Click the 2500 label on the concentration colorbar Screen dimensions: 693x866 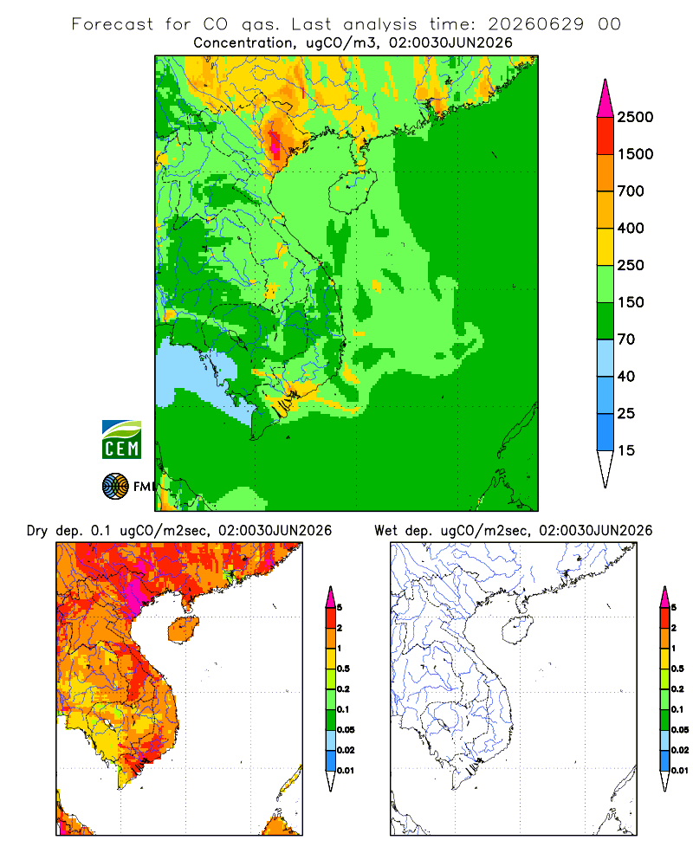(x=635, y=117)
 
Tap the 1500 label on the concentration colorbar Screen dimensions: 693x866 (x=635, y=154)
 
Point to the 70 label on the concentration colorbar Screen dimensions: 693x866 (x=625, y=339)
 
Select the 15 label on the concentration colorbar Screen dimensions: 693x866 (x=625, y=450)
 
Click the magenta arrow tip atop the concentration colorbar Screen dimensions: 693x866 (x=606, y=100)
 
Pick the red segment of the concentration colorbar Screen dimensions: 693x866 (x=606, y=136)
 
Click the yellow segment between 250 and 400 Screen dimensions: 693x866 (x=606, y=247)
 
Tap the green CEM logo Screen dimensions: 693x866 (x=121, y=440)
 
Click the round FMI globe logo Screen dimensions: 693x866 (x=115, y=487)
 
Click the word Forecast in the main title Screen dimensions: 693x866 (x=113, y=24)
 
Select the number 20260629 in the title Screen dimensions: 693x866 (x=535, y=24)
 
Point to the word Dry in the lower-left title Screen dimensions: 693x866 (x=37, y=531)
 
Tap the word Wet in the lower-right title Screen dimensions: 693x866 (x=385, y=531)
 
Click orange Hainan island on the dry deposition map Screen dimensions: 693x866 (x=184, y=630)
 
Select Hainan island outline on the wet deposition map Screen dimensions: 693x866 (x=517, y=630)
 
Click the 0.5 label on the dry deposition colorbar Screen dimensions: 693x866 (x=343, y=669)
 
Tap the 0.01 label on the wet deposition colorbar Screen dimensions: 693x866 (x=680, y=771)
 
